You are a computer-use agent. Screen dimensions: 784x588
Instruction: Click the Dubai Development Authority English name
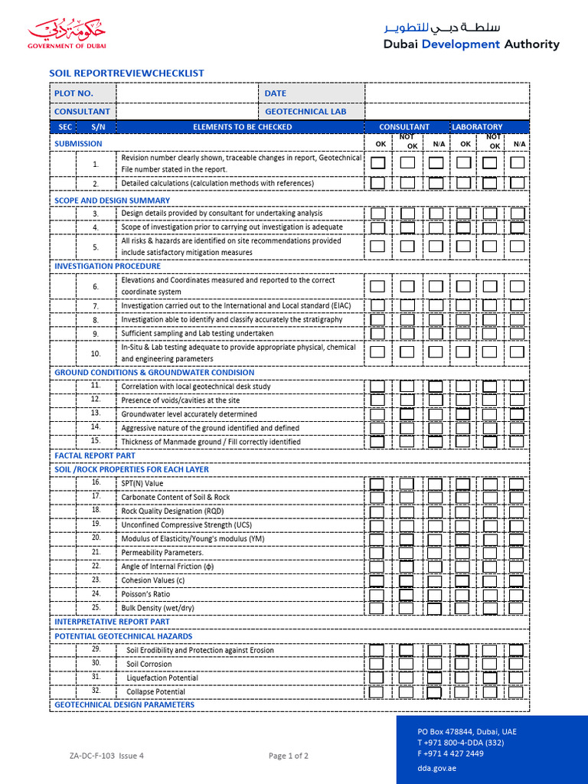coord(471,44)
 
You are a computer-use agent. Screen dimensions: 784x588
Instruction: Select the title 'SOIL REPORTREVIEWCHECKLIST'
coord(126,73)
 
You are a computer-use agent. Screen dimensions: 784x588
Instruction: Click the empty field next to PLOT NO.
coord(186,93)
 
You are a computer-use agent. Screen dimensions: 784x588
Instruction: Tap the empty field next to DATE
coord(446,93)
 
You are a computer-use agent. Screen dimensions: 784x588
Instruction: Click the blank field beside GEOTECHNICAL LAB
coord(446,112)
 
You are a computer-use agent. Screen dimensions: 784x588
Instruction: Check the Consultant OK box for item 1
coord(378,163)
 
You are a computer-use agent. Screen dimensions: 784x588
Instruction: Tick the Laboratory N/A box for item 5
coord(518,247)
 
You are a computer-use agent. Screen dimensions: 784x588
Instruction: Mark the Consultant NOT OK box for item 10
coord(407,352)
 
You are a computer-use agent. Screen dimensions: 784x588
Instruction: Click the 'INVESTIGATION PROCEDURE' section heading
coord(107,266)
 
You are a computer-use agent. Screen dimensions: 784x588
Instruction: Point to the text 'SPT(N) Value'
coord(142,483)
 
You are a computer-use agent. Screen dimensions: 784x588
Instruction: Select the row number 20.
coord(96,537)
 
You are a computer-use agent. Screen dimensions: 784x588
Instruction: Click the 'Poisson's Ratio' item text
coord(145,593)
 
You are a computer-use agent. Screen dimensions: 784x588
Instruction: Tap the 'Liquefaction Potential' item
coord(162,678)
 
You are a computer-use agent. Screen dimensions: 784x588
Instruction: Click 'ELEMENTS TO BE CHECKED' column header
coord(242,127)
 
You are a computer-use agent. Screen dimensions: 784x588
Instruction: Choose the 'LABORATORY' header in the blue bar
coord(477,127)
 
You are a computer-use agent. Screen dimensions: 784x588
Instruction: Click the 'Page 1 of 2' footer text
coord(289,756)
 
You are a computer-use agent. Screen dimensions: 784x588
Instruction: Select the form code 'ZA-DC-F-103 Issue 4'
coord(106,756)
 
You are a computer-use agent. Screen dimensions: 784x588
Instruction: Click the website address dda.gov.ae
coord(436,767)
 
